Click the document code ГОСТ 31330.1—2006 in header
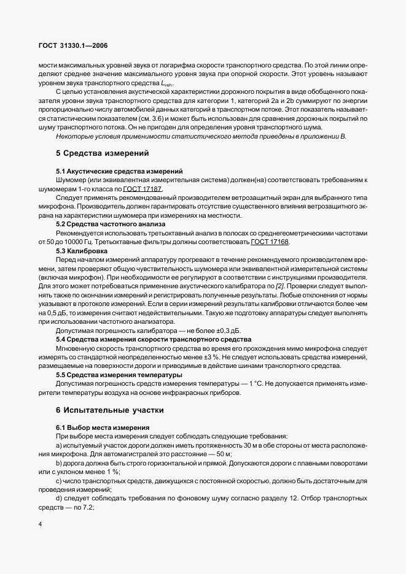tap(72, 46)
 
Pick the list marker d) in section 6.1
tap(59, 498)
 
